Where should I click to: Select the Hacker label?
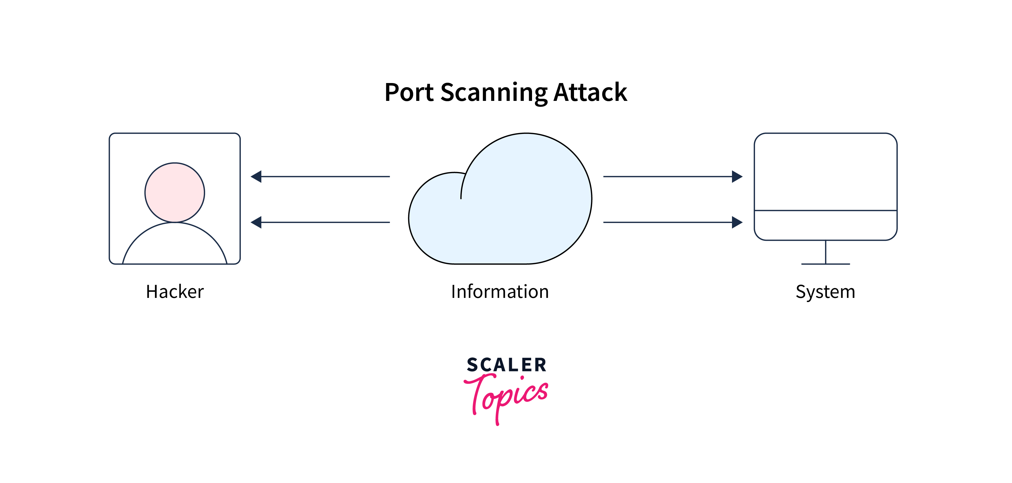coord(175,292)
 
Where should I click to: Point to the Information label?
coord(500,292)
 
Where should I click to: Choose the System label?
coord(825,292)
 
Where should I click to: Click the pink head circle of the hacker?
coord(175,193)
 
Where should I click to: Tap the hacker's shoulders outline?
coord(175,244)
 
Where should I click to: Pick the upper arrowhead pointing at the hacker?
coord(256,176)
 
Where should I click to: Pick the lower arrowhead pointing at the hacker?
coord(256,222)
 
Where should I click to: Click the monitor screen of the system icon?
coord(825,172)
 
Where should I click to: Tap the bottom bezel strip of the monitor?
coord(825,225)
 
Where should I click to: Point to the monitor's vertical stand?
coord(825,252)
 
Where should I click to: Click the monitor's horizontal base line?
coord(825,264)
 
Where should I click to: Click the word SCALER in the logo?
coord(506,365)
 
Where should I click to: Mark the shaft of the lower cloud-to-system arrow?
coord(668,222)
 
